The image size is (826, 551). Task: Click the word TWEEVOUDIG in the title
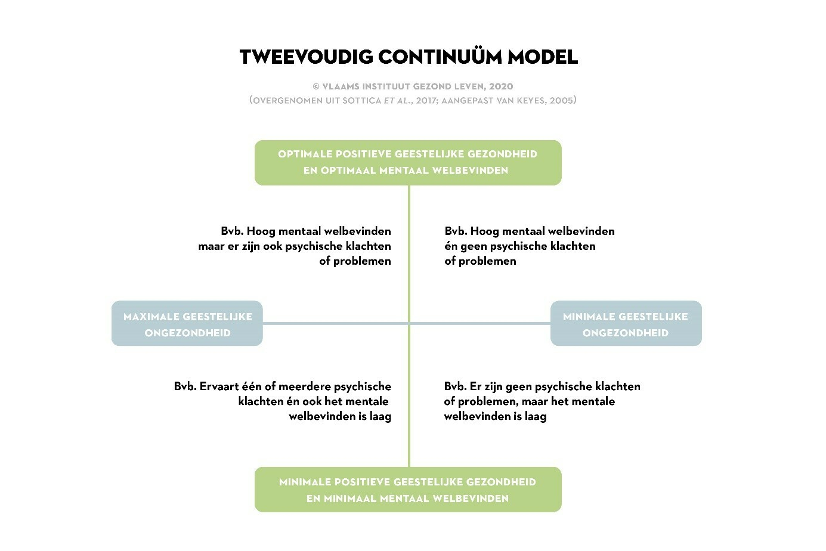pyautogui.click(x=307, y=57)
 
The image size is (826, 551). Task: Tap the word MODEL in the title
pyautogui.click(x=543, y=57)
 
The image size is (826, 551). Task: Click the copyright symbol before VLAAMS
pyautogui.click(x=316, y=86)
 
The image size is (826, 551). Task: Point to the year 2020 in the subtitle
pyautogui.click(x=501, y=86)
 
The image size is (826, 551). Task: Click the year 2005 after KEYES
pyautogui.click(x=562, y=100)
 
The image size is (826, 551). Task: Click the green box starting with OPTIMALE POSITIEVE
pyautogui.click(x=408, y=163)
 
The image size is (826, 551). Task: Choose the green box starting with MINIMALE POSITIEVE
pyautogui.click(x=408, y=490)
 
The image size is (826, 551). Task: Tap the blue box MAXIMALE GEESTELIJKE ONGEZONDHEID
pyautogui.click(x=187, y=323)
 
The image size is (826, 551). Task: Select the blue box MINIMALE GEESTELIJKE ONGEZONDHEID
pyautogui.click(x=626, y=323)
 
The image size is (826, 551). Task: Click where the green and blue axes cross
pyautogui.click(x=409, y=323)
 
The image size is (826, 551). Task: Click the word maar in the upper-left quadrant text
pyautogui.click(x=211, y=246)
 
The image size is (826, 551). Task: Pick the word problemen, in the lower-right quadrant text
pyautogui.click(x=488, y=402)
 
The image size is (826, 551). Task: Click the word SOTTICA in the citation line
pyautogui.click(x=362, y=101)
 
